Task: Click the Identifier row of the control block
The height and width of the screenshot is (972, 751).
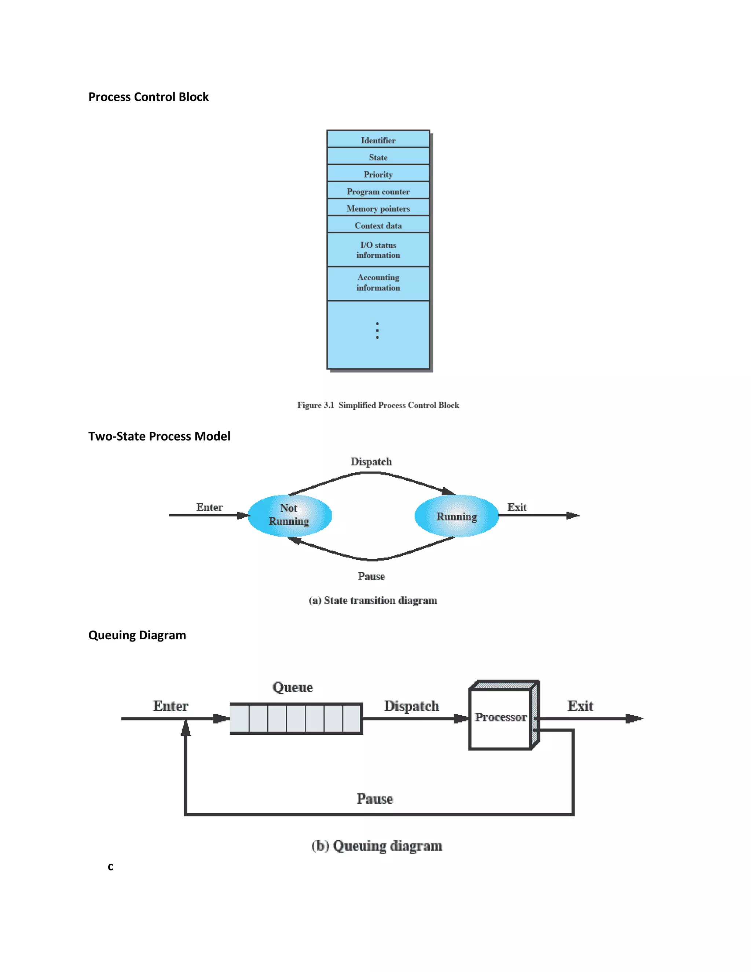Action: coord(378,140)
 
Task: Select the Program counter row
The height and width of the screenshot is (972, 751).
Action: coord(378,191)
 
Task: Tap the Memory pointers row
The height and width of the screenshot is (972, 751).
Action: coord(378,208)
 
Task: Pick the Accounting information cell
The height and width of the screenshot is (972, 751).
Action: coord(378,282)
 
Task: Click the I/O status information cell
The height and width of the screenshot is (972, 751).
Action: coord(378,250)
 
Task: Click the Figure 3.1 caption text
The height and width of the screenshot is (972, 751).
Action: coord(378,405)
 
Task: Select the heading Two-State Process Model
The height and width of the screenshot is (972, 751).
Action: coord(159,436)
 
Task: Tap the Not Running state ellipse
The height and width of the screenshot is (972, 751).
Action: coord(289,515)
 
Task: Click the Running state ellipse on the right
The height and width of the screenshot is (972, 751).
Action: coord(457,516)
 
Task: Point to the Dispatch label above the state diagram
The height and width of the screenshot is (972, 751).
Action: coord(371,461)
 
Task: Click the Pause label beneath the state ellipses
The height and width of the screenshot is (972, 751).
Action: coord(371,576)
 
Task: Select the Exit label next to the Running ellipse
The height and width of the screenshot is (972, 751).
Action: coord(517,507)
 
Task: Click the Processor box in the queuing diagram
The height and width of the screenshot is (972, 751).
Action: coord(501,717)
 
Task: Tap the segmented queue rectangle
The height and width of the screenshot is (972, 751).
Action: coord(296,718)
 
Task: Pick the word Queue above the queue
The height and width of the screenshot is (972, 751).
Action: coord(292,687)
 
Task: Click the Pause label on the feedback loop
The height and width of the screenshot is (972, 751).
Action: coord(375,799)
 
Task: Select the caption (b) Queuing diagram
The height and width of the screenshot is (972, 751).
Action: coord(377,845)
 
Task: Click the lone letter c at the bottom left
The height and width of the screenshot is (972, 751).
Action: coord(110,866)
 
